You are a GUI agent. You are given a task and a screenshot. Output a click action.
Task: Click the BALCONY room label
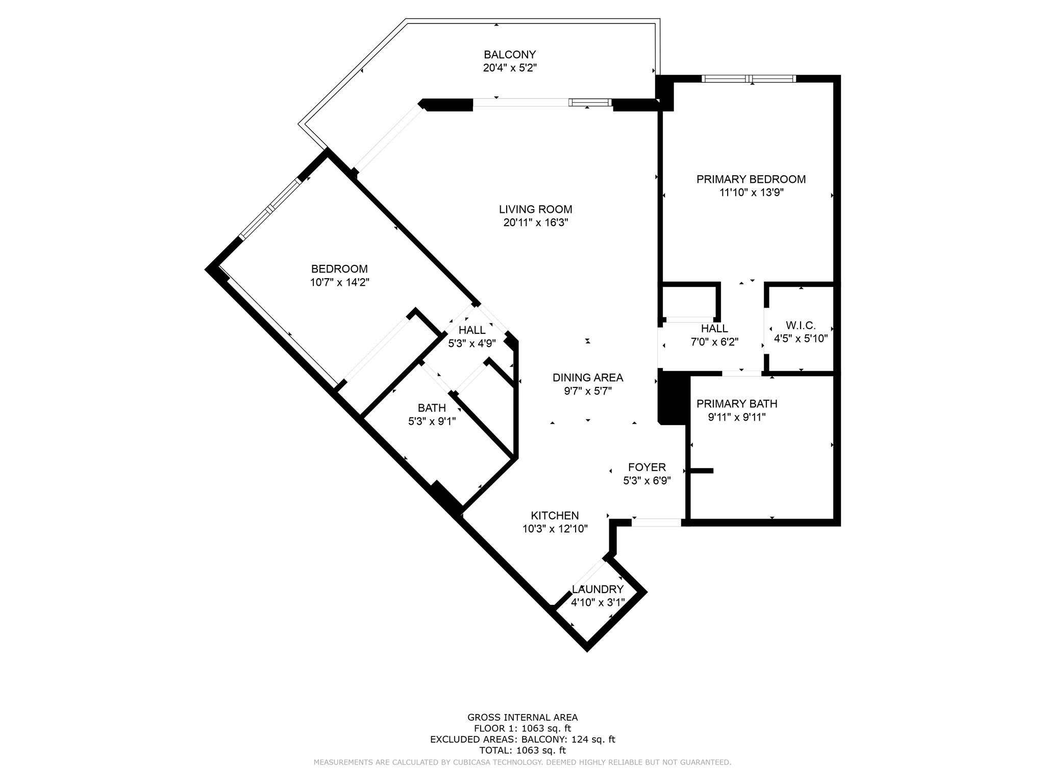coord(510,55)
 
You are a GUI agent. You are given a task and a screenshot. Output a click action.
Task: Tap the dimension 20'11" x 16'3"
coord(535,223)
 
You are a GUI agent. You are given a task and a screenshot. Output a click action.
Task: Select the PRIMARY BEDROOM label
coord(751,179)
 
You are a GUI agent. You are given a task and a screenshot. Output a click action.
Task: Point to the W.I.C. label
coord(801,325)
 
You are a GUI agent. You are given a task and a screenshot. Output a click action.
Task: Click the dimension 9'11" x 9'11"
coord(737,417)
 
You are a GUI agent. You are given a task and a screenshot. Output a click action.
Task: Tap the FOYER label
coord(646,467)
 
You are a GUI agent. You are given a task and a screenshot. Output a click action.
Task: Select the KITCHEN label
coord(555,516)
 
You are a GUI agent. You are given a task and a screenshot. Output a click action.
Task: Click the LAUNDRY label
coord(598,590)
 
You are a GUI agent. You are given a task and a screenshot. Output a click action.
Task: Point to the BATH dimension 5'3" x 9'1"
coord(432,421)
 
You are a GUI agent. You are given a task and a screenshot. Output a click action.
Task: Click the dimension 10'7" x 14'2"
coord(339,282)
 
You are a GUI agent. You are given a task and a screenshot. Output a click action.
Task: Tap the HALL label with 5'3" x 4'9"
coord(472,330)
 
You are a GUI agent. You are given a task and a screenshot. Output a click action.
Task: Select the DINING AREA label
coord(588,378)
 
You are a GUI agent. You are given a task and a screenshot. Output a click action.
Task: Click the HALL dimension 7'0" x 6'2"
coord(714,342)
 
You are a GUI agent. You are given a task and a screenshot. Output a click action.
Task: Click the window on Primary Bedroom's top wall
coord(749,79)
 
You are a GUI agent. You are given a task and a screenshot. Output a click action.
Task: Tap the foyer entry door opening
coord(656,522)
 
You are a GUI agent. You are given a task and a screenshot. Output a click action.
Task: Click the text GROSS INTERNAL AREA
coord(522,717)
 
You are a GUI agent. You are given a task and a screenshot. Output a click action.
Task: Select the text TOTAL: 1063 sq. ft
coord(522,750)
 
